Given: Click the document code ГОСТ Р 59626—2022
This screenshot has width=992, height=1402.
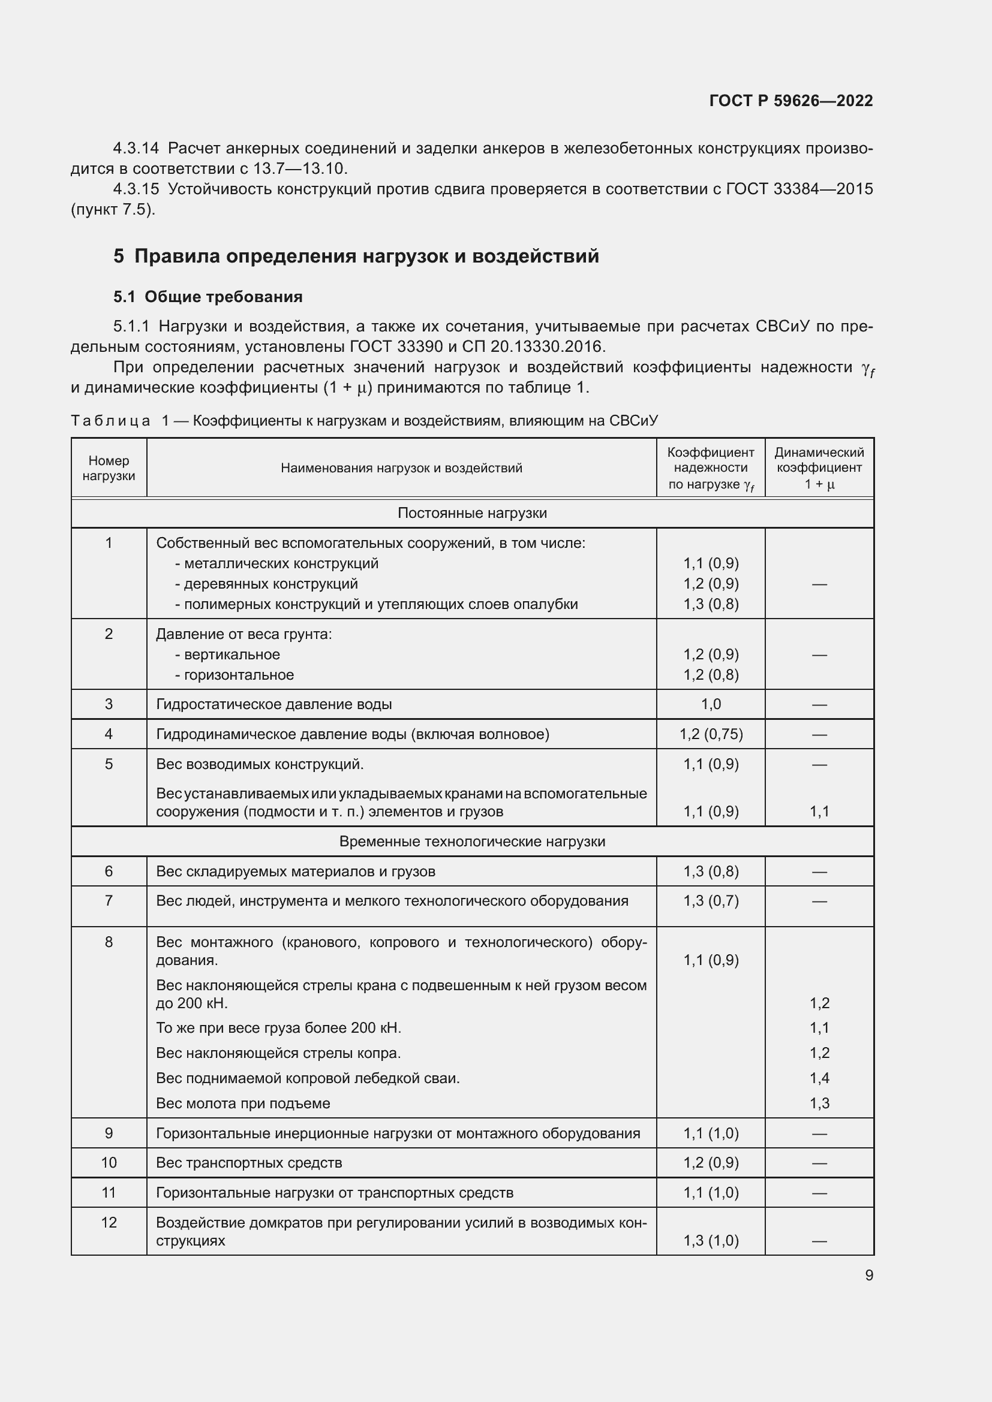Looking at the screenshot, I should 790,101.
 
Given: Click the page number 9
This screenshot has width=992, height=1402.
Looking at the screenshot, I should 868,1275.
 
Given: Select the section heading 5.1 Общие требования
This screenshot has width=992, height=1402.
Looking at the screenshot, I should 208,297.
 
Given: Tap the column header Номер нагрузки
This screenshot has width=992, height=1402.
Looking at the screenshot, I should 109,468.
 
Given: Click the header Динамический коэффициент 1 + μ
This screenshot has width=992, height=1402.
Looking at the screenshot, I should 819,468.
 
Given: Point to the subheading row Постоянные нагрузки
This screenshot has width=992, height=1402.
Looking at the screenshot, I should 471,513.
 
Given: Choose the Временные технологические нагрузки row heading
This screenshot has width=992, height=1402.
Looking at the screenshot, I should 471,842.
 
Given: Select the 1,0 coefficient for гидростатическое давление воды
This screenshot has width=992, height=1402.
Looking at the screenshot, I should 710,704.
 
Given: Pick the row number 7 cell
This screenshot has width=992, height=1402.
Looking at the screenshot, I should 109,901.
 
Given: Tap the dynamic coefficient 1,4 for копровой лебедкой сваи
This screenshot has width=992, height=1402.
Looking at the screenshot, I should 819,1078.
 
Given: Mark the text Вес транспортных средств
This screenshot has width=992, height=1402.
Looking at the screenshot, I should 249,1163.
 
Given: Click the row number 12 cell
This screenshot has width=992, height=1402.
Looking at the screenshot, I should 109,1222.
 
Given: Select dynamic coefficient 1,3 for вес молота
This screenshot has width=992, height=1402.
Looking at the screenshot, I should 819,1103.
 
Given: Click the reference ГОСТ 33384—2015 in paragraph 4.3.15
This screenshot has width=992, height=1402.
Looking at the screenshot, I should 799,189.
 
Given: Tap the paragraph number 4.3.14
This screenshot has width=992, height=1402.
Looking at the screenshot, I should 136,149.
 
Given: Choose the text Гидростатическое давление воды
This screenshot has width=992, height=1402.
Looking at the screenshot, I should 273,704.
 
